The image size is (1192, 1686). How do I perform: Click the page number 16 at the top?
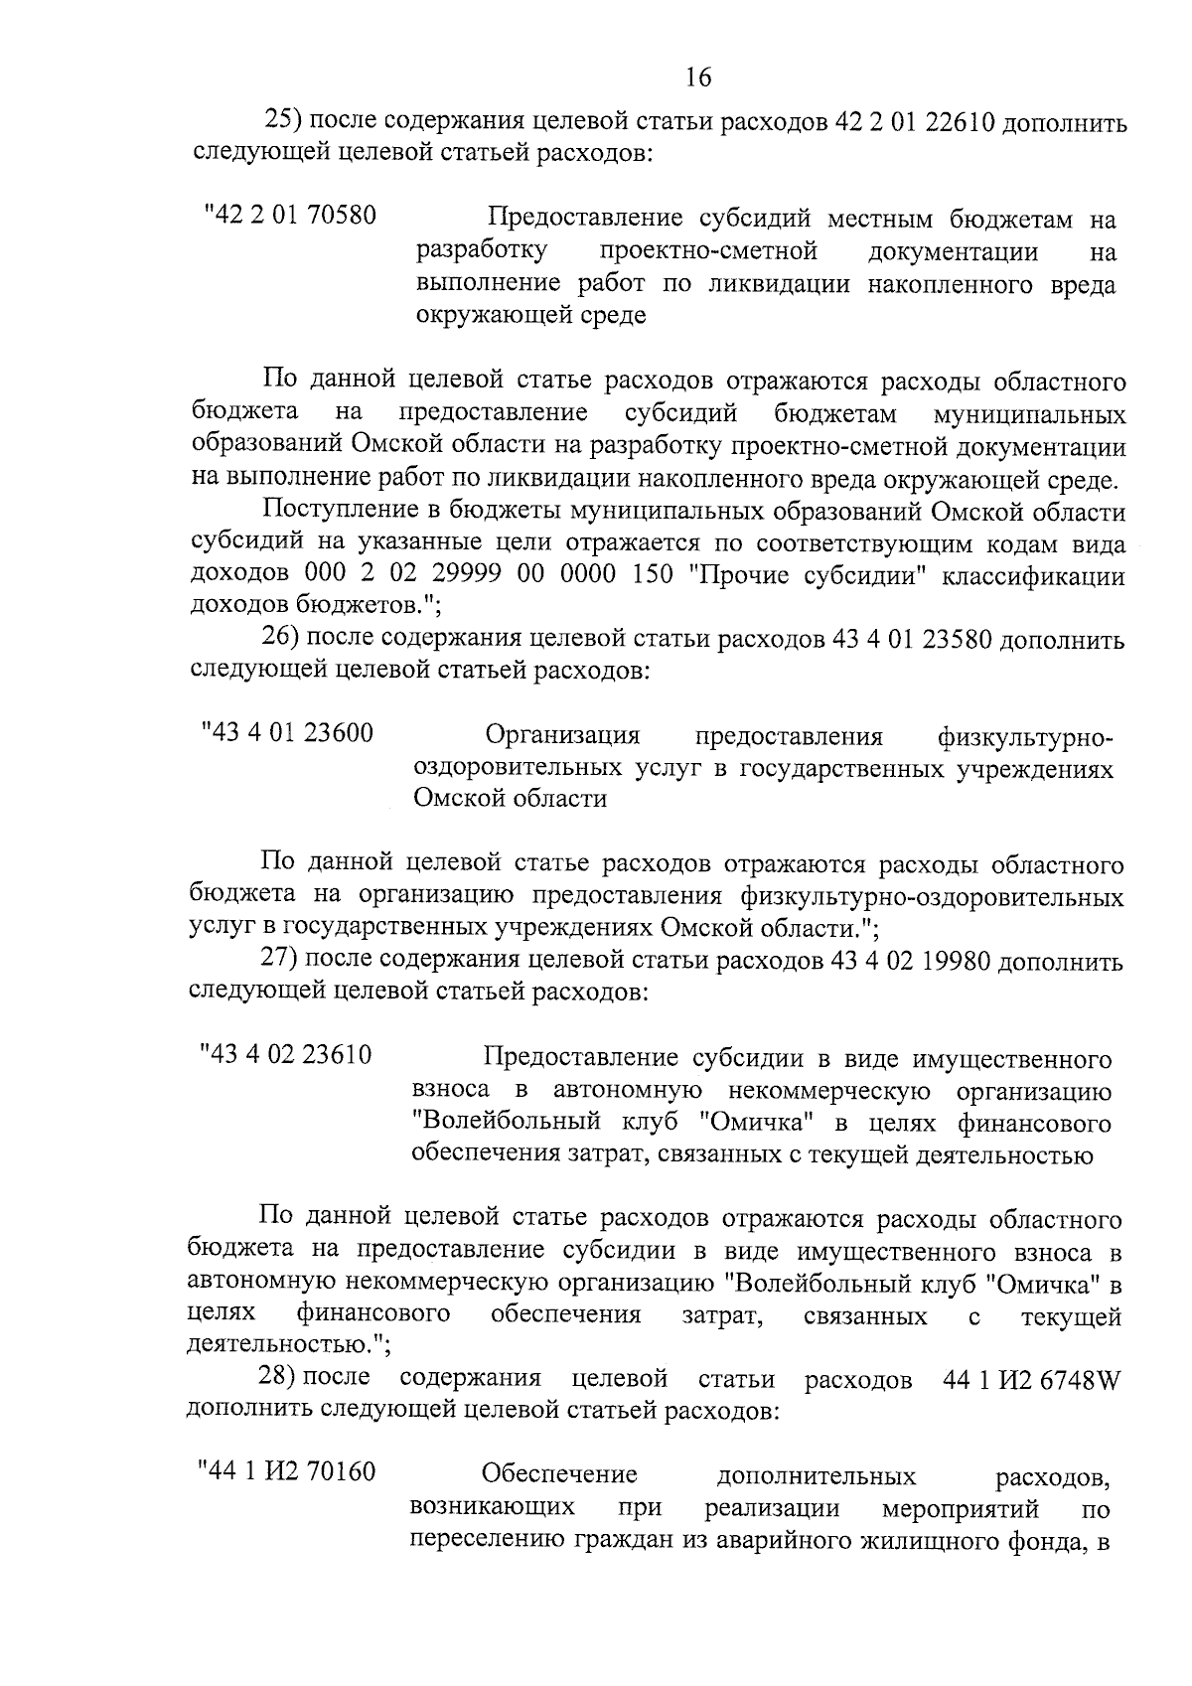click(x=698, y=77)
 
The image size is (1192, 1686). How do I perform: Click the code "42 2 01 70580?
click(x=290, y=216)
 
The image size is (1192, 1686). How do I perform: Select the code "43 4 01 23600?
click(x=287, y=734)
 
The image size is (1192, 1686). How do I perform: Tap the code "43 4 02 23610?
click(x=286, y=1055)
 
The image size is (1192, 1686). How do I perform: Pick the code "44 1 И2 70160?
click(x=287, y=1471)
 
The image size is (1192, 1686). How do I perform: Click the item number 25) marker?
click(x=283, y=122)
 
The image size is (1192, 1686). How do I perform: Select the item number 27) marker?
click(x=279, y=961)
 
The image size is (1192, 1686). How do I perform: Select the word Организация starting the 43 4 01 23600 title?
click(x=562, y=736)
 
